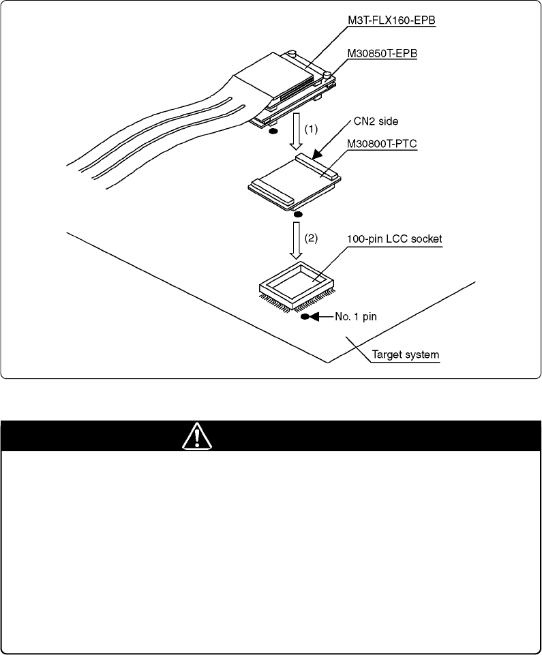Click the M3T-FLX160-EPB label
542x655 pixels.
391,20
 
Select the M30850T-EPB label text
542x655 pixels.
382,53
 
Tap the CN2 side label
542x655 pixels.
376,121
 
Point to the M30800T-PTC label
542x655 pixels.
382,144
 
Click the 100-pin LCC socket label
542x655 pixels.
395,239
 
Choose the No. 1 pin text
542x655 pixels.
356,317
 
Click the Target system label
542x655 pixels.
406,354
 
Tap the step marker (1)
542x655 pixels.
310,130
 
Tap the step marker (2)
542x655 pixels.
310,239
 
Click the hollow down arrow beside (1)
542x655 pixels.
297,131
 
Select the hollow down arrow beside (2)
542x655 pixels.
297,240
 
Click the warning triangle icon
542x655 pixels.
197,436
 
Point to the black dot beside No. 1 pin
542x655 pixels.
305,317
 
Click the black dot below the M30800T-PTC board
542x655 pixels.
298,214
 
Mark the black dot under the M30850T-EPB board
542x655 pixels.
273,132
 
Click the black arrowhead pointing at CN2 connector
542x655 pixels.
317,155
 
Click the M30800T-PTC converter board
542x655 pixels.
295,183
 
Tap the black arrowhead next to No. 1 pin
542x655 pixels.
314,317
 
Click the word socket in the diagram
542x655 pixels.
426,239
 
